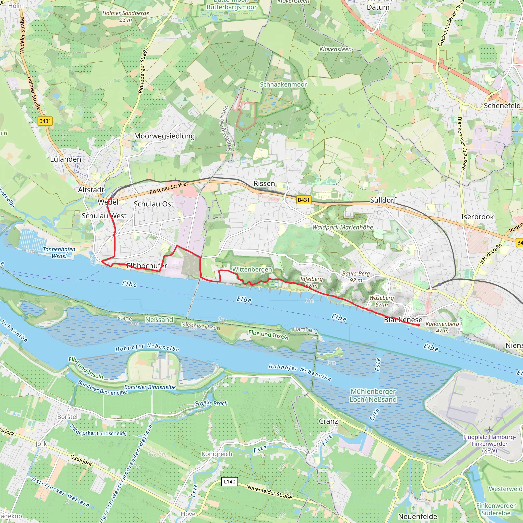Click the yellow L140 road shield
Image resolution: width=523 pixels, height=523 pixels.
coord(230,482)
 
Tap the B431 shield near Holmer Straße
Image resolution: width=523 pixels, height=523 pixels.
coord(45,121)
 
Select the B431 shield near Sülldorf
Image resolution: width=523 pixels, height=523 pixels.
coord(303,200)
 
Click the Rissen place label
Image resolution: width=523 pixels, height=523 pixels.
coord(264,184)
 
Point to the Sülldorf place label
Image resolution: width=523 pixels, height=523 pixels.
coord(383,200)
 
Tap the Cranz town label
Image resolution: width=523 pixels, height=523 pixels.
coord(328,421)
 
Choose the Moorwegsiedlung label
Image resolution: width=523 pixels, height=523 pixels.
coord(164,136)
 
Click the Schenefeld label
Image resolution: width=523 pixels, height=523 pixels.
coord(502,105)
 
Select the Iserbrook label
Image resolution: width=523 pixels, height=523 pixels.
coord(478,217)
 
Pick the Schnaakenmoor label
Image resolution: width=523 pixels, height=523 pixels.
coord(283,85)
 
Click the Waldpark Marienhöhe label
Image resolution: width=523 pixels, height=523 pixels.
coord(343,227)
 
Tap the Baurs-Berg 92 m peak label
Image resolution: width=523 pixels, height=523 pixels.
coord(356,277)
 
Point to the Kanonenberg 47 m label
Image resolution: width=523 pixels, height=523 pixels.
coord(442,327)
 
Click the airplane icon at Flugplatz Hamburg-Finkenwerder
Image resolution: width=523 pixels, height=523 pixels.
coord(489,430)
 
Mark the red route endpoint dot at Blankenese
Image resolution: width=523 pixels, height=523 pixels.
coord(419,325)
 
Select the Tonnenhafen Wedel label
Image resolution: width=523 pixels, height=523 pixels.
coord(59,252)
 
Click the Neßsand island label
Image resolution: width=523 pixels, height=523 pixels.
coord(159,320)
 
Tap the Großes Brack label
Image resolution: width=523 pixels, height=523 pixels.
coord(211,403)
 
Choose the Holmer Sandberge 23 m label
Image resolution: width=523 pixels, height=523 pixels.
coord(126,16)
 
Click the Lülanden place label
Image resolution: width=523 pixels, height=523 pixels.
coord(66,159)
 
